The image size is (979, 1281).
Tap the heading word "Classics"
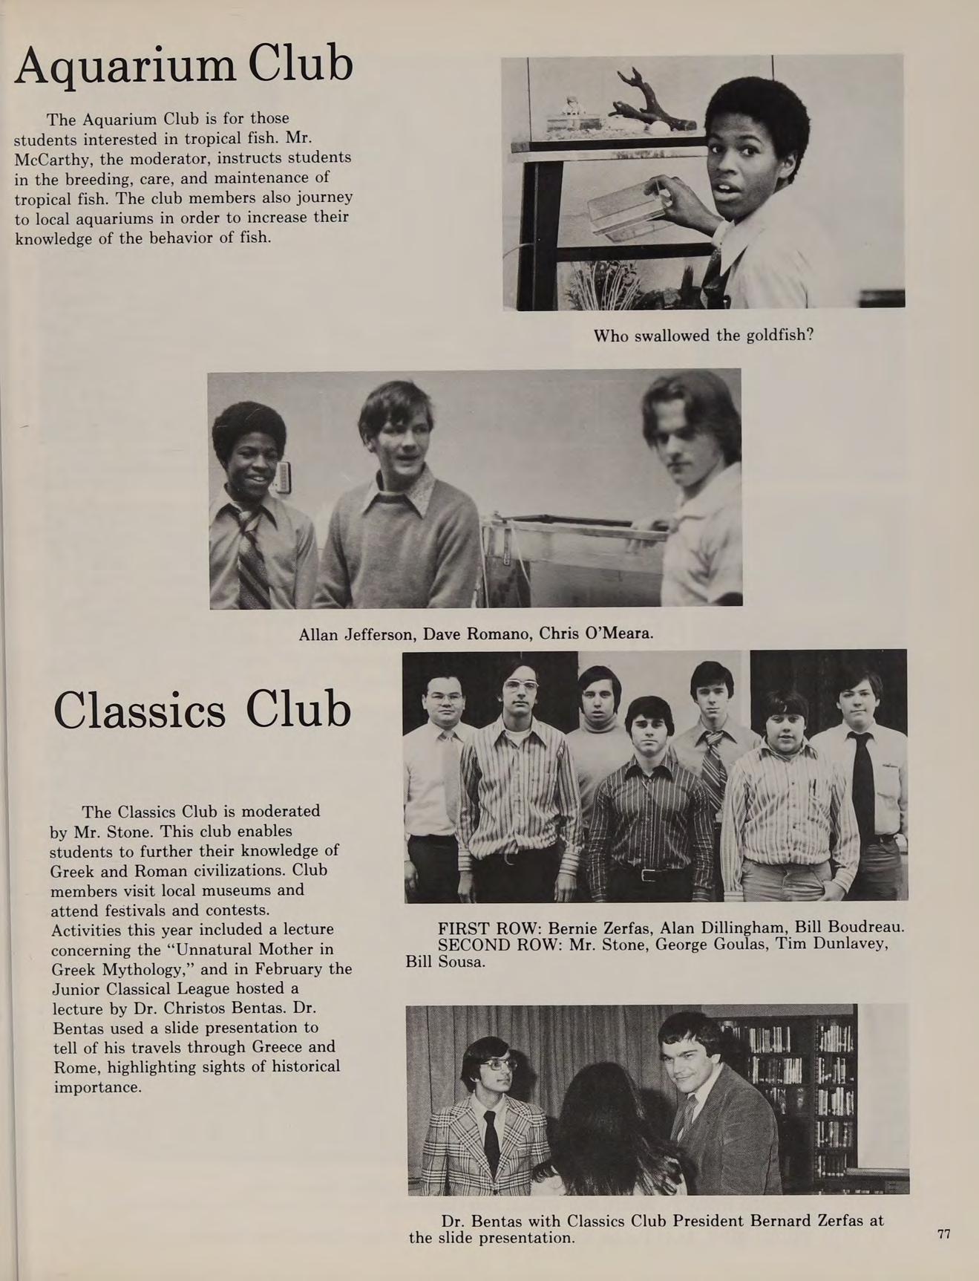click(x=139, y=711)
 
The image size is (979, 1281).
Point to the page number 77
click(x=943, y=1234)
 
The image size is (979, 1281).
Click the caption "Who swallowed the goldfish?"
click(x=703, y=336)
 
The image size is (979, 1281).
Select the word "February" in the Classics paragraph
click(x=281, y=970)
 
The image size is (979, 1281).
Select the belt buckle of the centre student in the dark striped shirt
click(x=647, y=875)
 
